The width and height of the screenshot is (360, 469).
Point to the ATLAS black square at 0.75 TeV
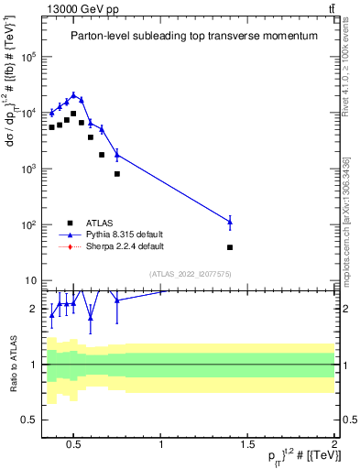(x=117, y=173)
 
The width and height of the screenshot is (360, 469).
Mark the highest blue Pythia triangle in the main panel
(x=73, y=94)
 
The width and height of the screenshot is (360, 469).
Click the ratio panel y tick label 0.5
(x=27, y=420)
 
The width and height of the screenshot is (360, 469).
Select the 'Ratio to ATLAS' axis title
(x=12, y=365)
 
